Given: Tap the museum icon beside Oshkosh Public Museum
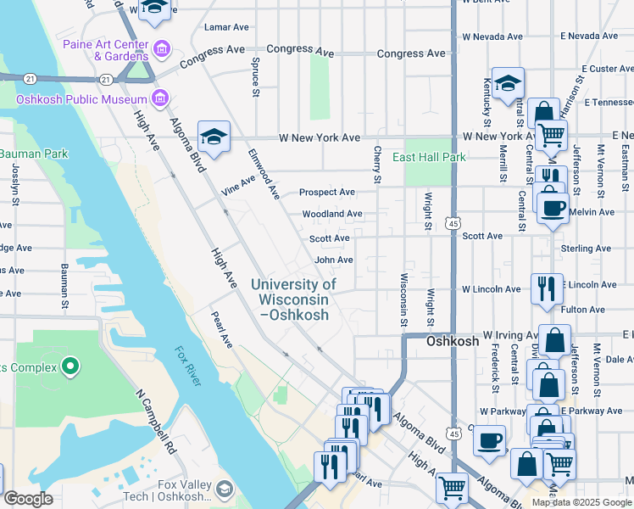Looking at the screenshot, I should coord(158,98).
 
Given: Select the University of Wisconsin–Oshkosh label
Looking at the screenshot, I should coord(293,299).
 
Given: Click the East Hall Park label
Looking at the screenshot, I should coord(429,157).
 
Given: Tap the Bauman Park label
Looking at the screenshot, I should coord(33,154).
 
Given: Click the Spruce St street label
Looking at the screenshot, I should coord(255,77).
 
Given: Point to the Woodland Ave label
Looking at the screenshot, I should coord(332,214).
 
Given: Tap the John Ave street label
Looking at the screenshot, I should coord(333,260).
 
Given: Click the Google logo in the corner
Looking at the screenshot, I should coord(27,499).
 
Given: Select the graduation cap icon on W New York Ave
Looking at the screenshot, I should coord(214,136).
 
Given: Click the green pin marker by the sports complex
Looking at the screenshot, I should coord(70,367).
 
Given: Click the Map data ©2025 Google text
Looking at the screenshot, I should coord(581,502).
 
